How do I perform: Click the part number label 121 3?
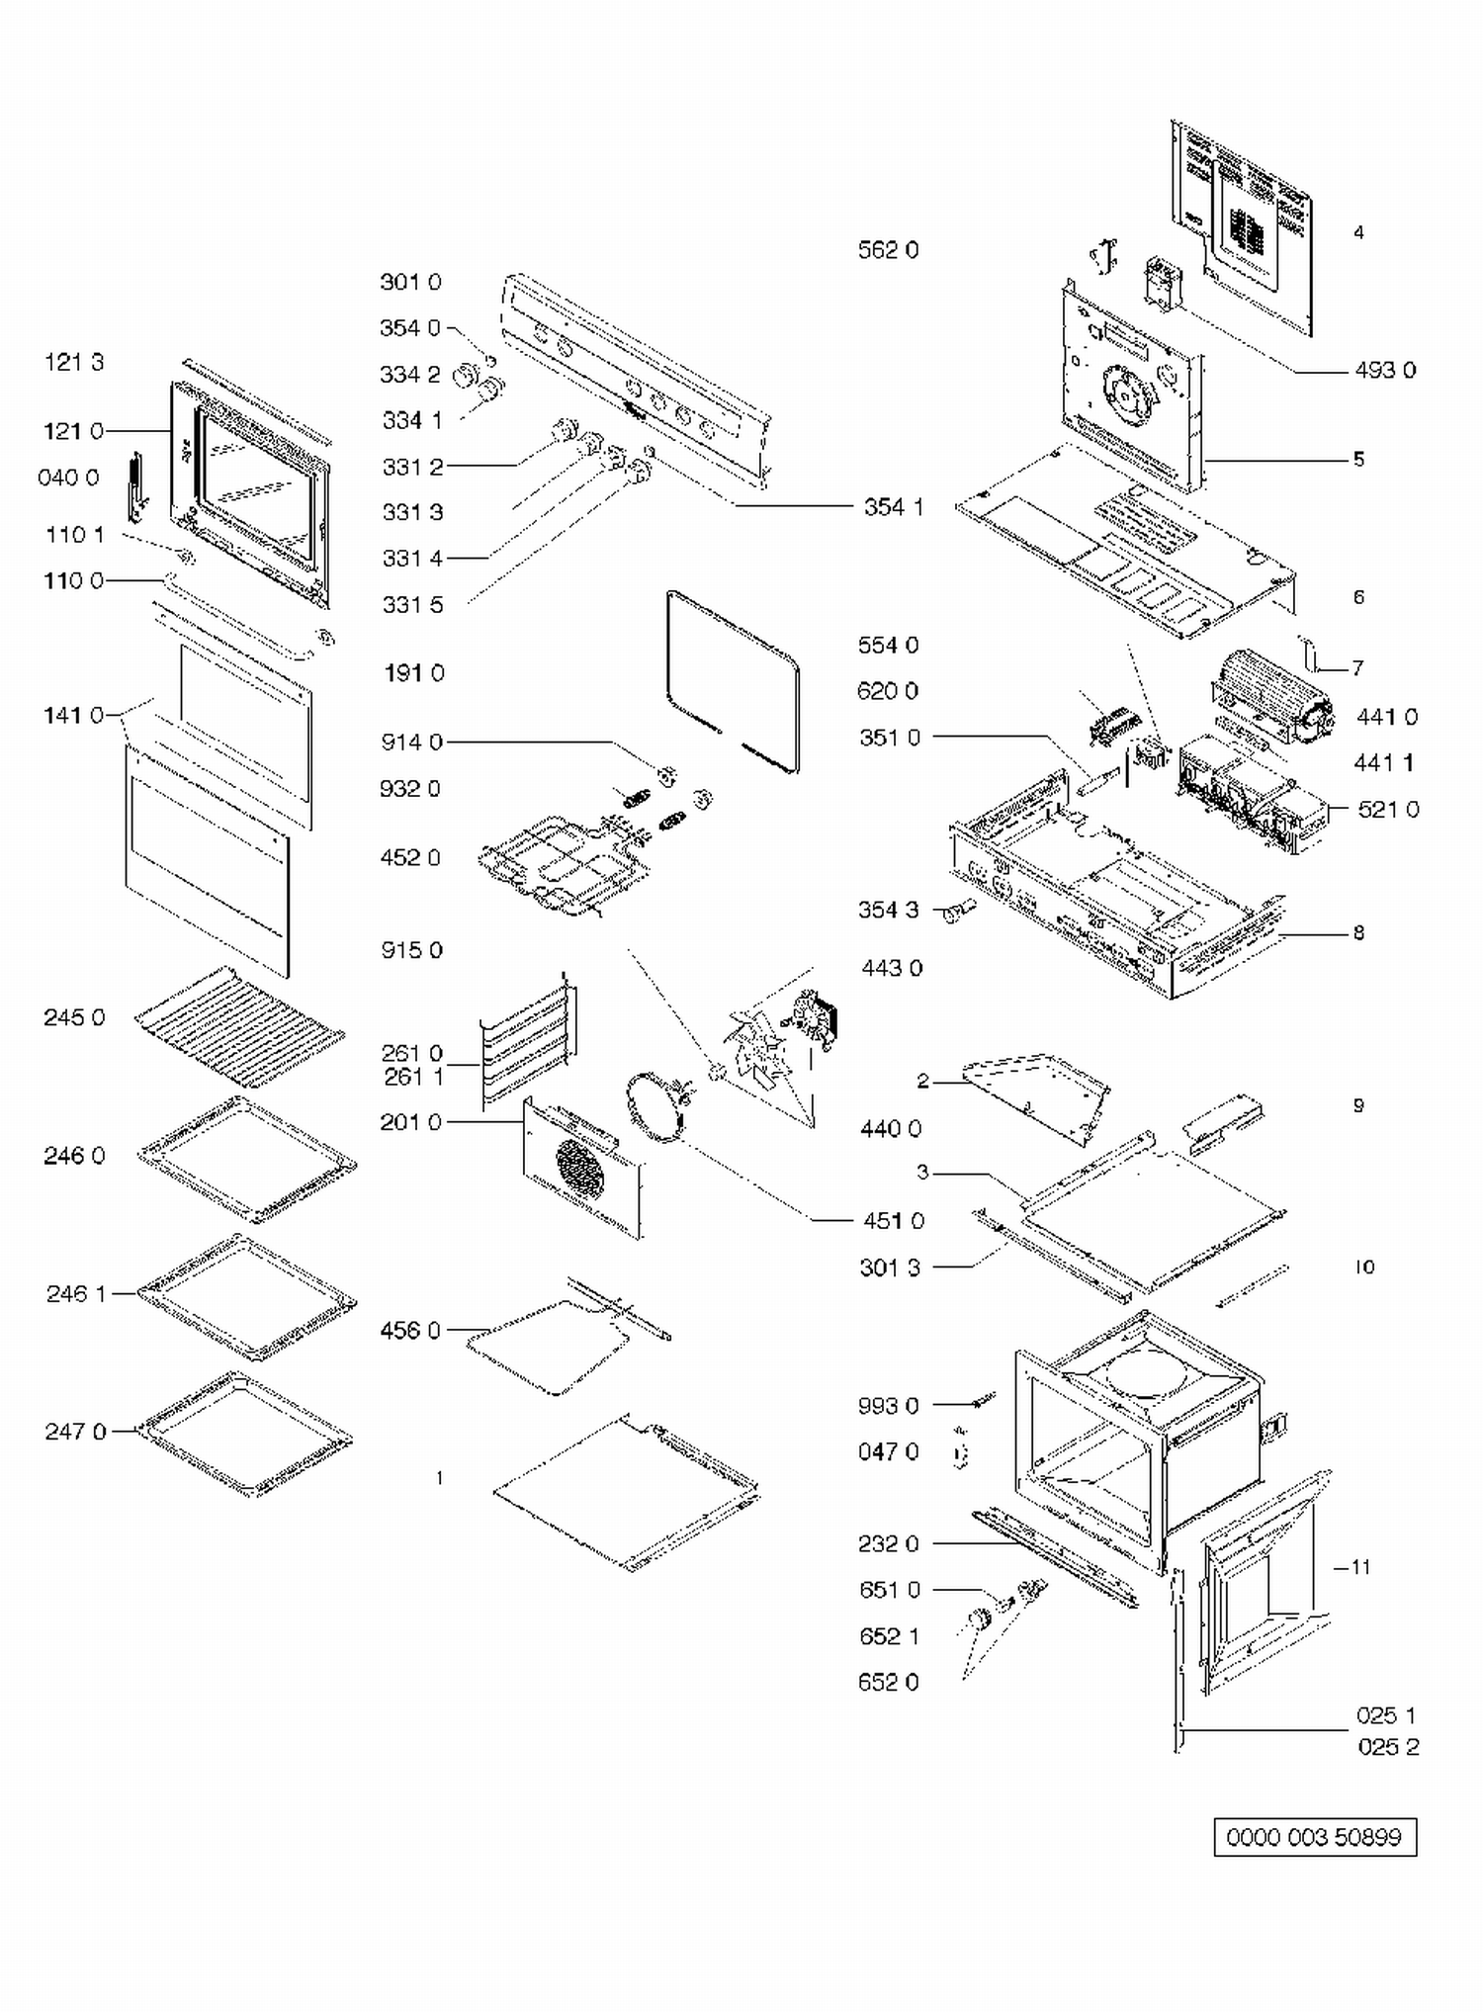(74, 362)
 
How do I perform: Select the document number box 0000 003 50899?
(1314, 1837)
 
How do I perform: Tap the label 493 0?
(1385, 370)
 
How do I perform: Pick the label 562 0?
(888, 250)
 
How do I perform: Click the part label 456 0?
(410, 1331)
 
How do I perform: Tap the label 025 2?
(1388, 1747)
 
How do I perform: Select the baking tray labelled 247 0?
(244, 1433)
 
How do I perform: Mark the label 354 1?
(893, 507)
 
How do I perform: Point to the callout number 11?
(1360, 1567)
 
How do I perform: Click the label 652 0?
(888, 1682)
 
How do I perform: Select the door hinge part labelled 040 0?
(135, 485)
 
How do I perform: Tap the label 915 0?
(411, 950)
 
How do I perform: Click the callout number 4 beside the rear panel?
(1358, 232)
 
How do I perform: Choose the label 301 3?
(890, 1268)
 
